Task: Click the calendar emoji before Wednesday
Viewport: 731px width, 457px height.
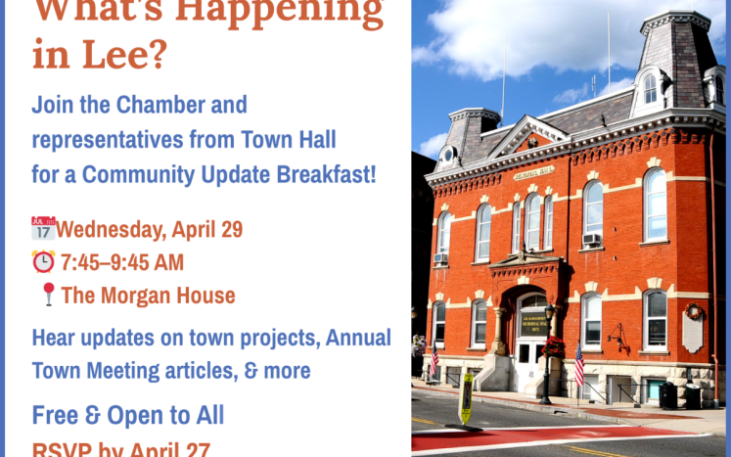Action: [43, 229]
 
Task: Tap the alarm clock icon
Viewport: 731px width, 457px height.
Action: [43, 262]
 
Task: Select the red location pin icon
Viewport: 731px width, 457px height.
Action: [48, 295]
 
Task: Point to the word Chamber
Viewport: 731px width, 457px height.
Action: [162, 105]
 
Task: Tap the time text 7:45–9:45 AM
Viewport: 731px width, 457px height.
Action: [121, 262]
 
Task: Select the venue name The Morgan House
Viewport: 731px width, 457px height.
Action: [148, 295]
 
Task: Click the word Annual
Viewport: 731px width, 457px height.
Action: [358, 339]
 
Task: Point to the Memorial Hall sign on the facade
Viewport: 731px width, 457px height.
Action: [533, 173]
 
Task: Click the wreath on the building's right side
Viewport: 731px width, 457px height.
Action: [695, 311]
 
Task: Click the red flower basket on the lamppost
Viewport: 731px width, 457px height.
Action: [554, 345]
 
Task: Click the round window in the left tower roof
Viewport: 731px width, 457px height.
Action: [447, 154]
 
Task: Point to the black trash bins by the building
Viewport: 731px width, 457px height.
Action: [676, 394]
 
